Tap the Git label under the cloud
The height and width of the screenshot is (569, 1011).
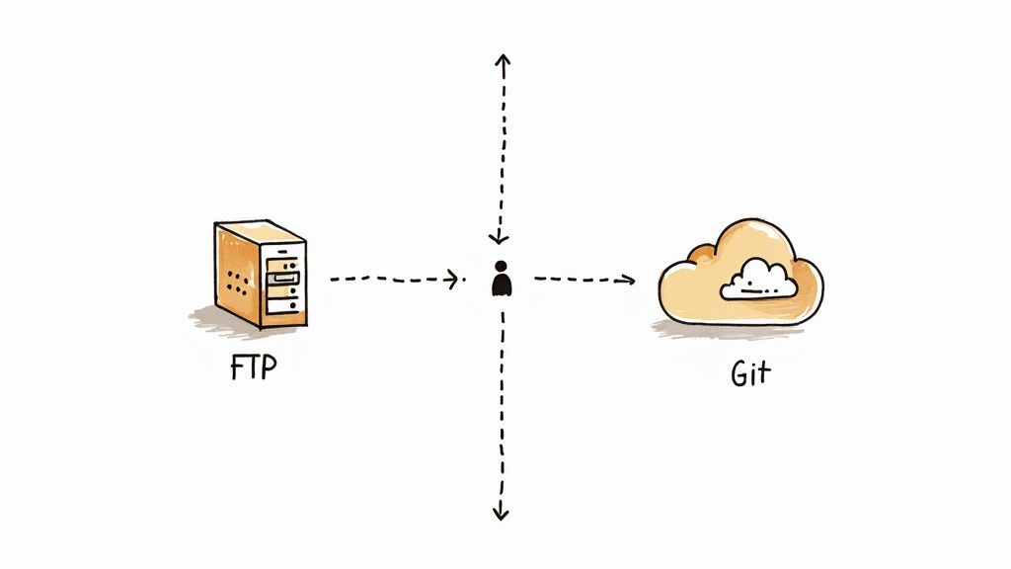751,374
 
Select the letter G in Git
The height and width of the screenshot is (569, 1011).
739,374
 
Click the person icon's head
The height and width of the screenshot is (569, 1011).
502,266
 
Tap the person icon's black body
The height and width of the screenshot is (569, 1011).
502,284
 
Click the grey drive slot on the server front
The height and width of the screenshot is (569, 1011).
285,281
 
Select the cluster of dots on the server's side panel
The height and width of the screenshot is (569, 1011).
238,282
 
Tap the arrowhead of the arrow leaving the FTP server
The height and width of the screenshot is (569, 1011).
455,279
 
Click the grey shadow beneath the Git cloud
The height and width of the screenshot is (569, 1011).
731,330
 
